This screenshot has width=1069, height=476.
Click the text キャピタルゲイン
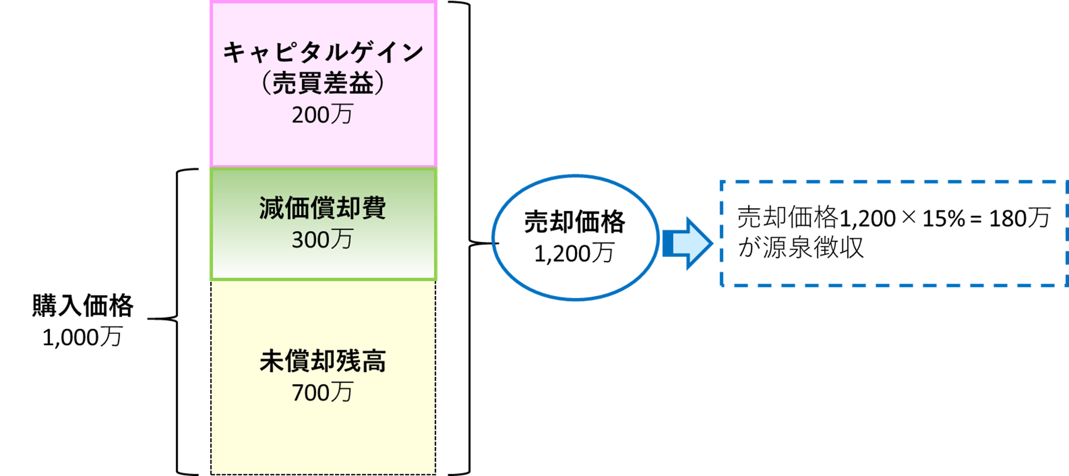click(x=323, y=52)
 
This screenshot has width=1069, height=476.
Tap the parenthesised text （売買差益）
click(x=323, y=83)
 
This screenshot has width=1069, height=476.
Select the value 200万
click(x=322, y=114)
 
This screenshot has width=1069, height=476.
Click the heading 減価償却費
click(x=323, y=208)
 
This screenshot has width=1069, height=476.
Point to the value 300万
click(x=322, y=240)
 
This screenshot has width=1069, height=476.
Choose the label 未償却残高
click(x=323, y=362)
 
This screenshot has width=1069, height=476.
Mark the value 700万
click(x=322, y=393)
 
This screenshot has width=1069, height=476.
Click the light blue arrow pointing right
click(x=688, y=243)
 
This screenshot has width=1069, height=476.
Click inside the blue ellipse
click(x=575, y=237)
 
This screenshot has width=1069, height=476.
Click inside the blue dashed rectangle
click(x=893, y=234)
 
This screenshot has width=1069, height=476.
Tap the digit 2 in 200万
click(x=298, y=115)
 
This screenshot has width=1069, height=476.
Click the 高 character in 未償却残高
click(x=373, y=362)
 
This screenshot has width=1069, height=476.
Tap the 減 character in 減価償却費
click(x=272, y=208)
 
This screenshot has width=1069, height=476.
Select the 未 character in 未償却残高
click(x=272, y=362)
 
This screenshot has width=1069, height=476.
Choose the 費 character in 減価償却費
click(x=373, y=208)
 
